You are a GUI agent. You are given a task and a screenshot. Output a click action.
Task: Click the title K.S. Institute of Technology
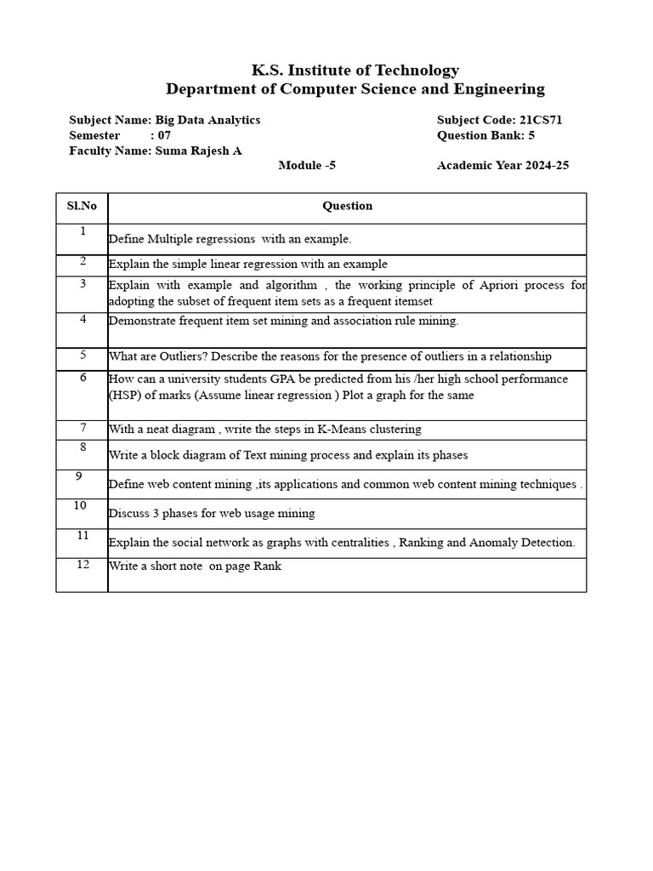point(355,71)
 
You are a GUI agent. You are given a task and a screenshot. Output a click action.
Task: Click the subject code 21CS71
point(541,120)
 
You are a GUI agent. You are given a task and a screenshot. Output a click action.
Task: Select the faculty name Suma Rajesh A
point(198,151)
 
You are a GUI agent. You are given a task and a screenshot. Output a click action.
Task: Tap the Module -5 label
point(307,165)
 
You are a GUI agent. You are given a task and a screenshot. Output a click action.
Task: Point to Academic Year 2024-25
point(503,165)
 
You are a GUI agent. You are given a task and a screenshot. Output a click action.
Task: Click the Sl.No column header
point(82,206)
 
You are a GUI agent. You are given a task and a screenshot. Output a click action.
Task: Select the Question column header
point(347,206)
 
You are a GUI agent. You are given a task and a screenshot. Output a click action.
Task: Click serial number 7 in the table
point(82,427)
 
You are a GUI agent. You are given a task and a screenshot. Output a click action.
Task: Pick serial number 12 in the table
point(82,565)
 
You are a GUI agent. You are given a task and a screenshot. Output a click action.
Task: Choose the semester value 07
point(165,135)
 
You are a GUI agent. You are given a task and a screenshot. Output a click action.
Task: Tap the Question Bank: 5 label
point(485,135)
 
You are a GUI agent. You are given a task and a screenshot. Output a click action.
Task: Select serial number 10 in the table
point(80,505)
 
